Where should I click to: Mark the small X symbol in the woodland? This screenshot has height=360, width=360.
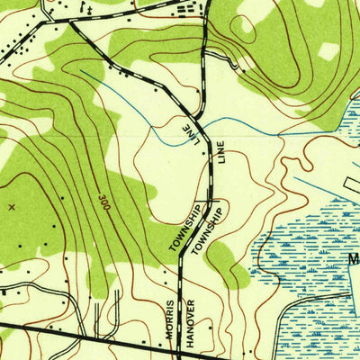[12, 207]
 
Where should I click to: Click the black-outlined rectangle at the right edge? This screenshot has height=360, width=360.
[351, 184]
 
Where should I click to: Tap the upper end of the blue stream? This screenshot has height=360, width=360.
[83, 71]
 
